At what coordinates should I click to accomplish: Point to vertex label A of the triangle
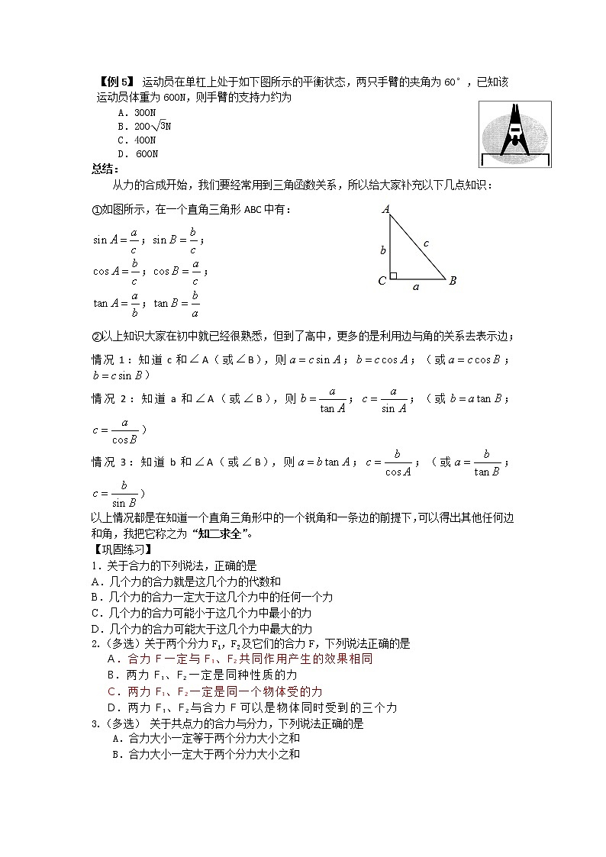385,208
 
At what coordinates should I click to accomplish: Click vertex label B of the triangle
452,281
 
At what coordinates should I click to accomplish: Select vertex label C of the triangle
382,281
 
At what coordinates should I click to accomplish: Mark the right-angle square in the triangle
394,275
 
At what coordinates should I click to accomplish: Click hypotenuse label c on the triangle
426,243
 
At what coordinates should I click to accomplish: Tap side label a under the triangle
417,288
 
